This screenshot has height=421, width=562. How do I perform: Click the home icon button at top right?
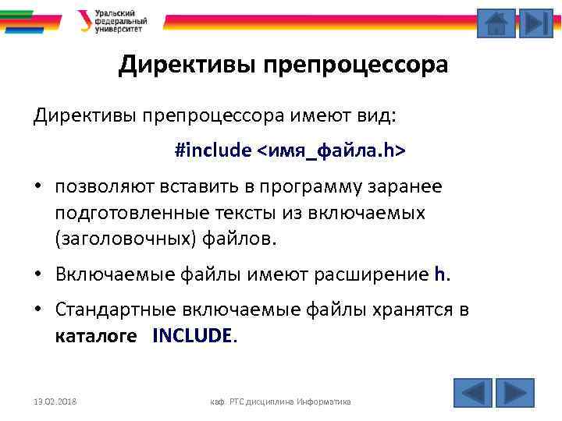click(x=496, y=23)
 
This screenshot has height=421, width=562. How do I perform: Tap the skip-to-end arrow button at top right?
click(x=535, y=23)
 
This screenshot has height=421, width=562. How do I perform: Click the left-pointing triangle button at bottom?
click(x=472, y=392)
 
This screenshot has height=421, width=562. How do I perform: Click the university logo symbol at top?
click(x=84, y=20)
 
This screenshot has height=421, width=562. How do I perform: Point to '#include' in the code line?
click(x=213, y=150)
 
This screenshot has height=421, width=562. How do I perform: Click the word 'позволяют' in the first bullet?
click(x=98, y=187)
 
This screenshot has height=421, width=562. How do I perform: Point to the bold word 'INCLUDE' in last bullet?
click(x=193, y=336)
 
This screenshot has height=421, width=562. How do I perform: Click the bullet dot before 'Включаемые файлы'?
click(x=37, y=274)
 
